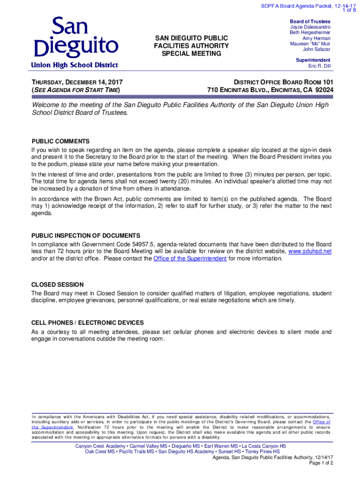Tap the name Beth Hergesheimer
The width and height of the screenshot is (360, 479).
[x=310, y=33]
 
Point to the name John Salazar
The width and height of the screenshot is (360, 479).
[x=317, y=49]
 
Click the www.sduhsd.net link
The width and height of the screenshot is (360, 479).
[x=310, y=251]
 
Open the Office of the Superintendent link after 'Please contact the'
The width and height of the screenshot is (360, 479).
[x=190, y=258]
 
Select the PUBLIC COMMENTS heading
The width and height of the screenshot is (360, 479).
[x=60, y=141]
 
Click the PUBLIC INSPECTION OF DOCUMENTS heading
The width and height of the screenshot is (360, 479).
[x=86, y=235]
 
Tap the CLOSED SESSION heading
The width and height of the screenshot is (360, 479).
[x=58, y=284]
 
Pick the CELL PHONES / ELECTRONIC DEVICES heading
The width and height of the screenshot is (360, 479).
[x=87, y=323]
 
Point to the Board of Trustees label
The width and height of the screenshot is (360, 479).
[x=310, y=22]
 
